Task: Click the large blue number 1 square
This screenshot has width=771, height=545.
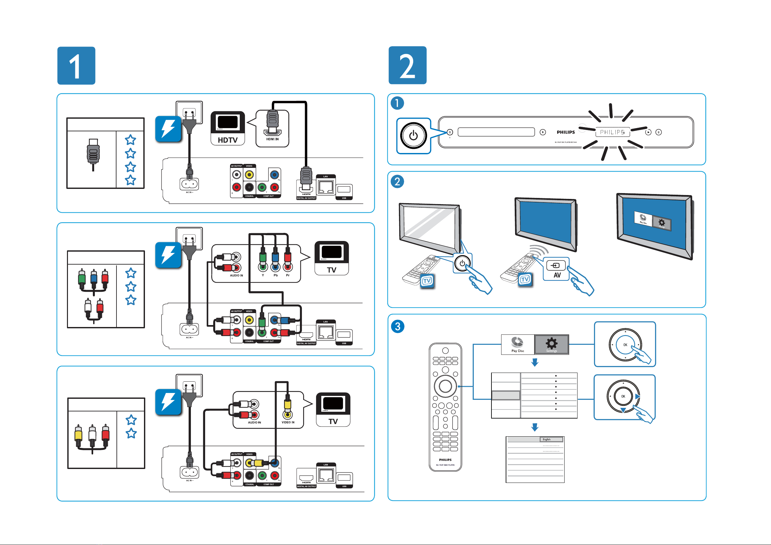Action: [x=76, y=65]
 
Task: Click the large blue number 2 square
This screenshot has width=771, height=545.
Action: [x=407, y=65]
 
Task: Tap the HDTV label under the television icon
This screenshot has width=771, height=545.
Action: [x=228, y=140]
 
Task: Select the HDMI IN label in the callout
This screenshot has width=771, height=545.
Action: [x=272, y=139]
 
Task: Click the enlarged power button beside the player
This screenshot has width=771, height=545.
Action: [x=413, y=136]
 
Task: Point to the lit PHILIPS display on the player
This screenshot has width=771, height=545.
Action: [x=612, y=132]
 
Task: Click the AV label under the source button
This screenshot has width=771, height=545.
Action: [x=557, y=275]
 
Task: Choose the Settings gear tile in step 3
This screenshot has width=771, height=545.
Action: [x=551, y=344]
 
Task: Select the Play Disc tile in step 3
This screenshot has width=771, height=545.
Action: [x=517, y=344]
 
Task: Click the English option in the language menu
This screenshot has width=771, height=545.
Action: [x=551, y=439]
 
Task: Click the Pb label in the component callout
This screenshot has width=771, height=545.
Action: [x=275, y=275]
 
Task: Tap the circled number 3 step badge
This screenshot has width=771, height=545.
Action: [x=398, y=326]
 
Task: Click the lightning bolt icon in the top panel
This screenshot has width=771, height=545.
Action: [x=168, y=129]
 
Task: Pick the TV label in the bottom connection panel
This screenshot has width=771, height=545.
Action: [x=333, y=421]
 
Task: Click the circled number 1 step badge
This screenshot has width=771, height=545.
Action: [x=397, y=103]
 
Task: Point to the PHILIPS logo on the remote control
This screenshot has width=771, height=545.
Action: [x=445, y=460]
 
